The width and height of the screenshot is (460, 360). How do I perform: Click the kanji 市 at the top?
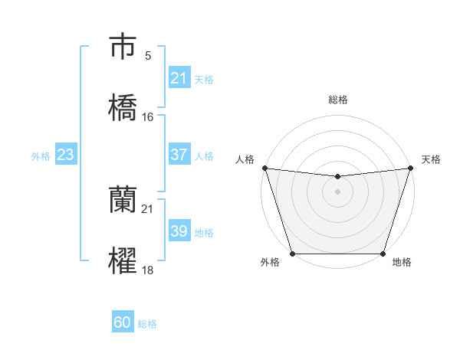pyautogui.click(x=123, y=47)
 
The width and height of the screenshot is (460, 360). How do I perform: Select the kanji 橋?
pyautogui.click(x=123, y=108)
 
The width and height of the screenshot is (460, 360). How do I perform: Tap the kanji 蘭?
pyautogui.click(x=123, y=201)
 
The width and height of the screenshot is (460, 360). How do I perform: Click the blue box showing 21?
pyautogui.click(x=179, y=78)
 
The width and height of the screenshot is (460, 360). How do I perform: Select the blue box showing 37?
pyautogui.click(x=179, y=155)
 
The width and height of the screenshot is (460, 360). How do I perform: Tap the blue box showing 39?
pyautogui.click(x=179, y=231)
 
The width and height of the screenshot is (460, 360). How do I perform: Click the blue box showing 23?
pyautogui.click(x=65, y=155)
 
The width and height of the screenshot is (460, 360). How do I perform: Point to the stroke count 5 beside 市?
pyautogui.click(x=148, y=55)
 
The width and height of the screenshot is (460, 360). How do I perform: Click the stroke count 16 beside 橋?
pyautogui.click(x=148, y=117)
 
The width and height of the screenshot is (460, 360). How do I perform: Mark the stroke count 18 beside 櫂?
pyautogui.click(x=148, y=270)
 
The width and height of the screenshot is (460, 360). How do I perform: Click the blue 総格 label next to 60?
pyautogui.click(x=148, y=324)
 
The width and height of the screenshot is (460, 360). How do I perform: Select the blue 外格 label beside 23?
pyautogui.click(x=41, y=156)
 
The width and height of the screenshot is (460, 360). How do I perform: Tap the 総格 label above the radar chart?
pyautogui.click(x=337, y=100)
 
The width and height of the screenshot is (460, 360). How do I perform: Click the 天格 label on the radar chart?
pyautogui.click(x=432, y=159)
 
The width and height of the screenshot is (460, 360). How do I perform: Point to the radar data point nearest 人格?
pyautogui.click(x=264, y=168)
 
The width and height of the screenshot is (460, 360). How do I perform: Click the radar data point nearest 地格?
pyautogui.click(x=383, y=254)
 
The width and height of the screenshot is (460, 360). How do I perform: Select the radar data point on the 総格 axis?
pyautogui.click(x=337, y=177)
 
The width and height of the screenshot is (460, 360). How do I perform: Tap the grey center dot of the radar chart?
pyautogui.click(x=337, y=191)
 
